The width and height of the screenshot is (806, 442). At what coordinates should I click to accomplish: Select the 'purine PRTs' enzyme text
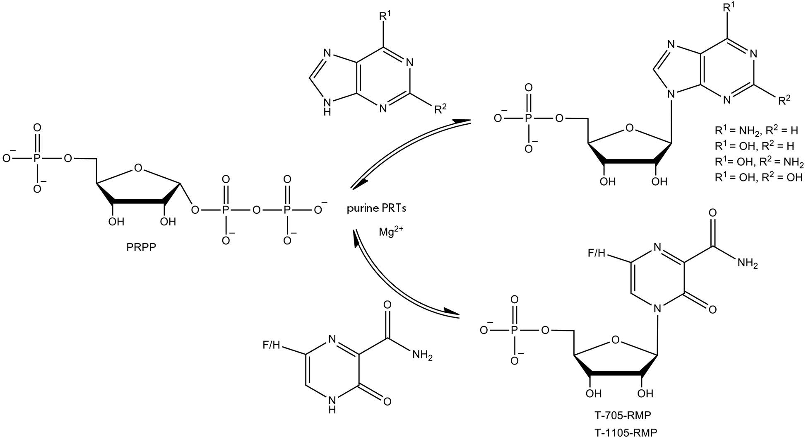coord(376,208)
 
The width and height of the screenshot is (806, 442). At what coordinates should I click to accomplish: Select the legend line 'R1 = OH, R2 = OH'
coord(759,177)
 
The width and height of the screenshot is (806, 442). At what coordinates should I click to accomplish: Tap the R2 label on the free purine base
coord(440,109)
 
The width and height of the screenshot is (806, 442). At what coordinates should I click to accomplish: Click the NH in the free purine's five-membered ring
coord(327,106)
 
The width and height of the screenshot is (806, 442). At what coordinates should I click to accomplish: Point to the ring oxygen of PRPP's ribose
coord(139,168)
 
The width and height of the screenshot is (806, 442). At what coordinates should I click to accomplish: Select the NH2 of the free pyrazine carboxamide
coord(422,355)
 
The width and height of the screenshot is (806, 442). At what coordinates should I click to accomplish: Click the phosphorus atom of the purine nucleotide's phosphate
coord(527,118)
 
